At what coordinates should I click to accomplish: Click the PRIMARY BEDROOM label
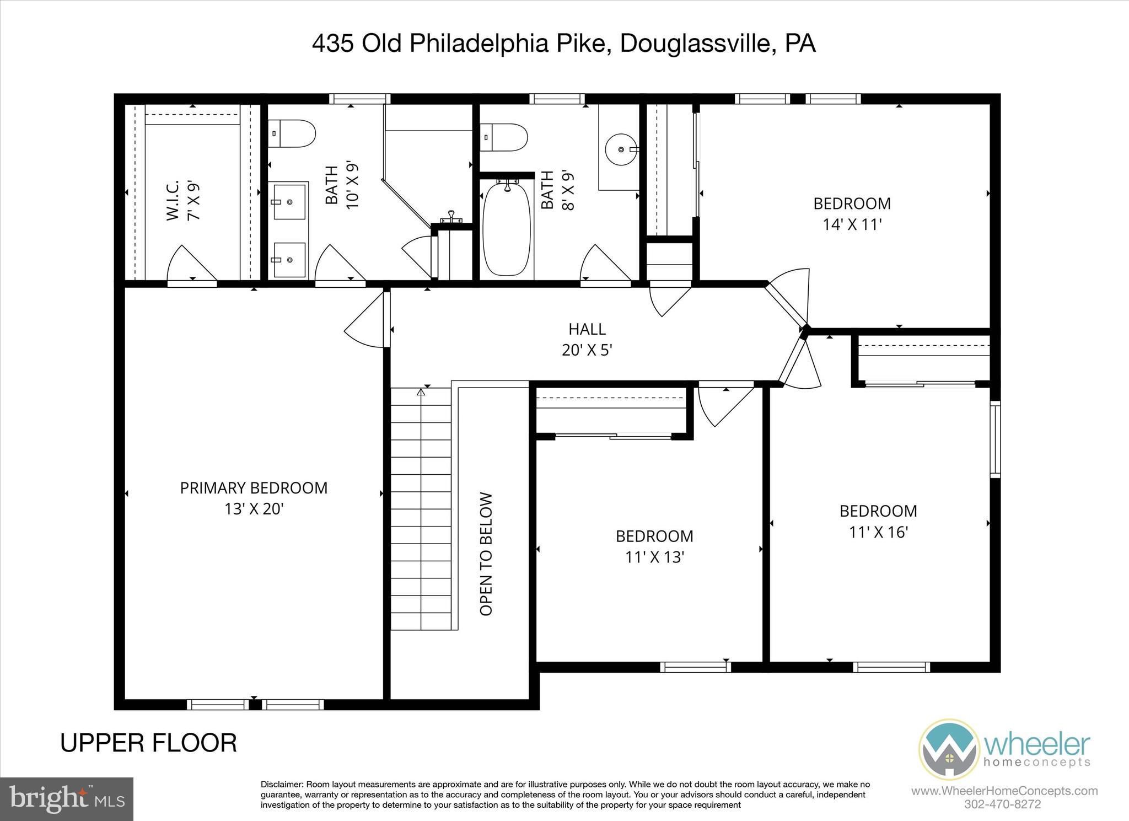point(254,488)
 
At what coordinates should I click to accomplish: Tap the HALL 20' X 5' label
point(587,340)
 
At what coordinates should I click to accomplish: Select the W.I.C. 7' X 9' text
point(182,200)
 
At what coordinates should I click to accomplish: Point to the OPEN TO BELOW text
point(486,554)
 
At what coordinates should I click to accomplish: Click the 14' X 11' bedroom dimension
point(852,224)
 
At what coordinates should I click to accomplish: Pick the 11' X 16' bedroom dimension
point(878,532)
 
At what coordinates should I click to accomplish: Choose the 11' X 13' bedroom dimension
point(654,557)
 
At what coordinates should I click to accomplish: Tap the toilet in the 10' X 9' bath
point(292,133)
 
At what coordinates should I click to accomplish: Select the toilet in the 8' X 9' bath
point(504,137)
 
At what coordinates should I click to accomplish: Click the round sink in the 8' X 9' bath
point(621,149)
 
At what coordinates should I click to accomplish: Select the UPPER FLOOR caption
point(148,743)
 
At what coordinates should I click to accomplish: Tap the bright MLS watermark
point(66,799)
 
